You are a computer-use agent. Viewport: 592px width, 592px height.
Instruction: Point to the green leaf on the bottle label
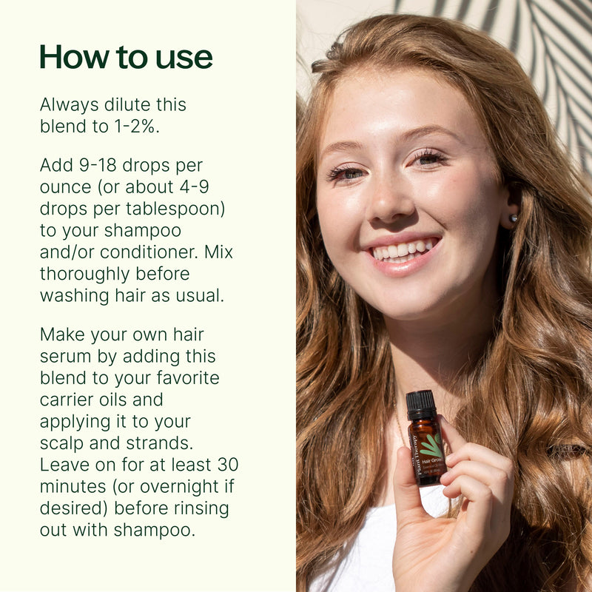[432, 445]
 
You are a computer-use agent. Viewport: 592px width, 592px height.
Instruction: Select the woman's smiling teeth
[403, 250]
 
